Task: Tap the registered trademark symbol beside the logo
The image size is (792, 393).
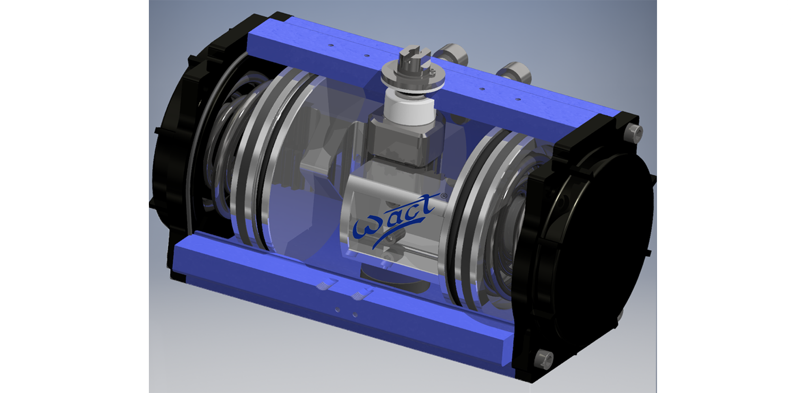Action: click(x=444, y=197)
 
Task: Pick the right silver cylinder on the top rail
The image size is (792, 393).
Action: click(x=514, y=72)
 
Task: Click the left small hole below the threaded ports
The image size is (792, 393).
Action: click(x=337, y=309)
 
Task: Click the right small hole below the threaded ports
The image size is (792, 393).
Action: click(x=354, y=315)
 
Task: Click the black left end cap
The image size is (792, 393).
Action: click(x=174, y=164)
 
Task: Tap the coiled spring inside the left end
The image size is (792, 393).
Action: click(x=223, y=149)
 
